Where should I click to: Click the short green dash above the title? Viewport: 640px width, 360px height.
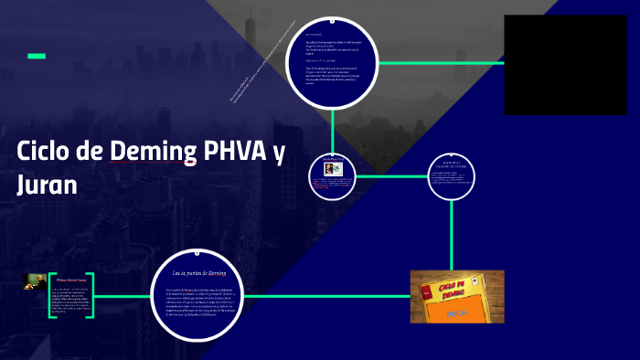(x=37, y=57)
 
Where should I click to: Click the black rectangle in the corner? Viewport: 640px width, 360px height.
(x=565, y=64)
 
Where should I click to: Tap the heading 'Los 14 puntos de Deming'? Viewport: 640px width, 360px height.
(x=198, y=272)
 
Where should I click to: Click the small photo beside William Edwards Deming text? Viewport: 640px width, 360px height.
(x=36, y=281)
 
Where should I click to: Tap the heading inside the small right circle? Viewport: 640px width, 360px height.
(x=452, y=164)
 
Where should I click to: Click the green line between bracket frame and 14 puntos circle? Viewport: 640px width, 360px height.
(x=123, y=296)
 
